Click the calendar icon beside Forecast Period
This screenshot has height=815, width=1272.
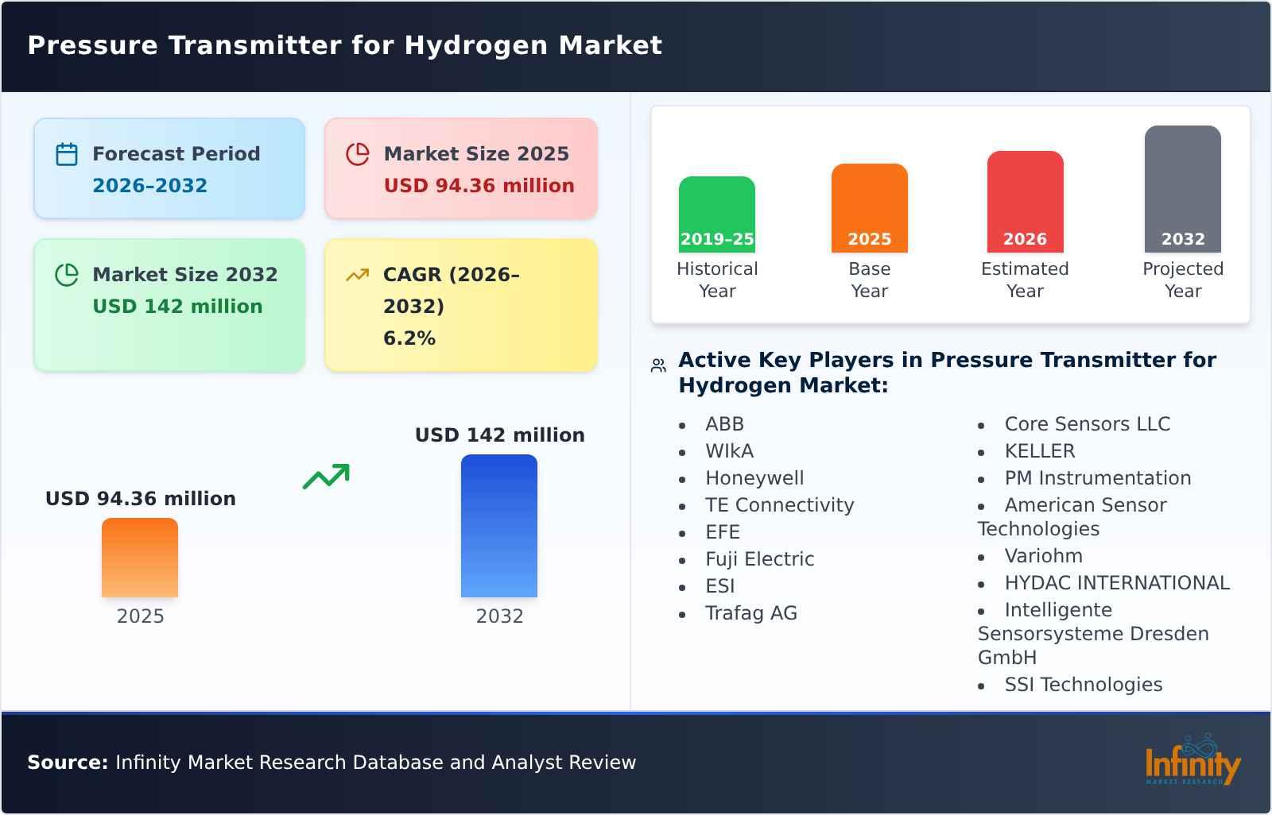67,154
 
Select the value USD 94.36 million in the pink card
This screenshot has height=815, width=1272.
479,186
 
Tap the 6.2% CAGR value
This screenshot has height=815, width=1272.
409,338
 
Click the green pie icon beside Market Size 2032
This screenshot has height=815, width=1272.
67,275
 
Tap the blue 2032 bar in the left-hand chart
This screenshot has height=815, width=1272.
499,526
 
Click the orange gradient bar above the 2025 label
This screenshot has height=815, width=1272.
140,558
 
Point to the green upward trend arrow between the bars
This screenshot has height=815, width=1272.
326,477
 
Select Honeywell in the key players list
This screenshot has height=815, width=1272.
754,478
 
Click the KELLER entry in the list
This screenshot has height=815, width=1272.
1039,451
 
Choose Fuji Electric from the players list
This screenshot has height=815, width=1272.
759,559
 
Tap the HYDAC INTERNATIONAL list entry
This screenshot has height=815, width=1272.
1116,583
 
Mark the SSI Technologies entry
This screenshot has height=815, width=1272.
1083,685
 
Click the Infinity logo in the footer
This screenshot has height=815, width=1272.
1192,762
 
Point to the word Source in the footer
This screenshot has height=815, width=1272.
67,763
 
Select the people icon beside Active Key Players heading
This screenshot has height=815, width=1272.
658,365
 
